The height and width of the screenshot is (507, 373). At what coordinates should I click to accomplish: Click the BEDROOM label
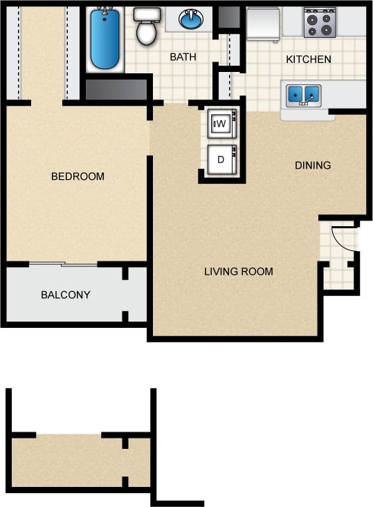pos(78,176)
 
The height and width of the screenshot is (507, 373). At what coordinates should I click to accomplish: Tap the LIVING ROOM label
pos(238,271)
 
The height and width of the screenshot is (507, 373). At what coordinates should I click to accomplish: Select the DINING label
pos(313,165)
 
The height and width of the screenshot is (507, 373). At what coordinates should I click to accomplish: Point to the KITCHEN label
pos(309,59)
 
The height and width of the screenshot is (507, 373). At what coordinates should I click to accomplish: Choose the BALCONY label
pos(66,295)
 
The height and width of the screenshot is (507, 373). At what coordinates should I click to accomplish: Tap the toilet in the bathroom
pos(146,27)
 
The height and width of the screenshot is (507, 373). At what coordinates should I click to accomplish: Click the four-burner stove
pos(319,22)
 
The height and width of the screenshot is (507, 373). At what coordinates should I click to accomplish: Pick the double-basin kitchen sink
pos(304,93)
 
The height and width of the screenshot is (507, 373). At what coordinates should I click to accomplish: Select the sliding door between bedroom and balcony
pos(63,264)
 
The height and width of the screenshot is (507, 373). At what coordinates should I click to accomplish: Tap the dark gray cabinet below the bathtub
pos(116,89)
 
